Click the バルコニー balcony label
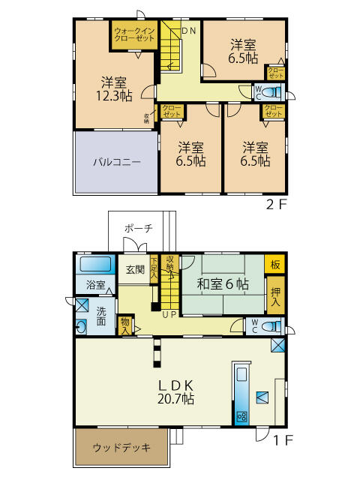coord(116,162)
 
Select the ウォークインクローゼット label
coord(134,34)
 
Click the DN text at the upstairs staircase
coord(189,30)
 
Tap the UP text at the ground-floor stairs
coord(169,314)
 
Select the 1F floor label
coord(277,442)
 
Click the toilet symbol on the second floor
coord(271,93)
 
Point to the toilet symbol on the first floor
coord(271,326)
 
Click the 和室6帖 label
coord(223,284)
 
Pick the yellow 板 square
coord(274,265)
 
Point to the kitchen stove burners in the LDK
coord(242,416)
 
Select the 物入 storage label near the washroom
coord(126,326)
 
